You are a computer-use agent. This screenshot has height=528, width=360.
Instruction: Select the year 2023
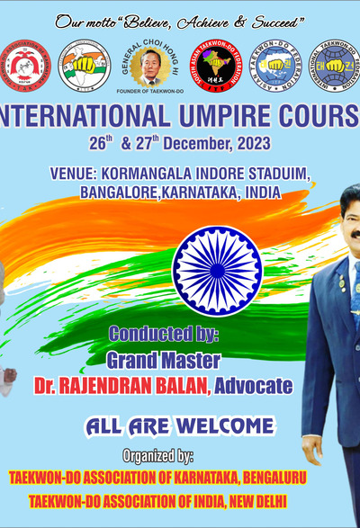(x=253, y=143)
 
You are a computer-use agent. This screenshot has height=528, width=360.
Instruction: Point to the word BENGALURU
(x=255, y=476)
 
